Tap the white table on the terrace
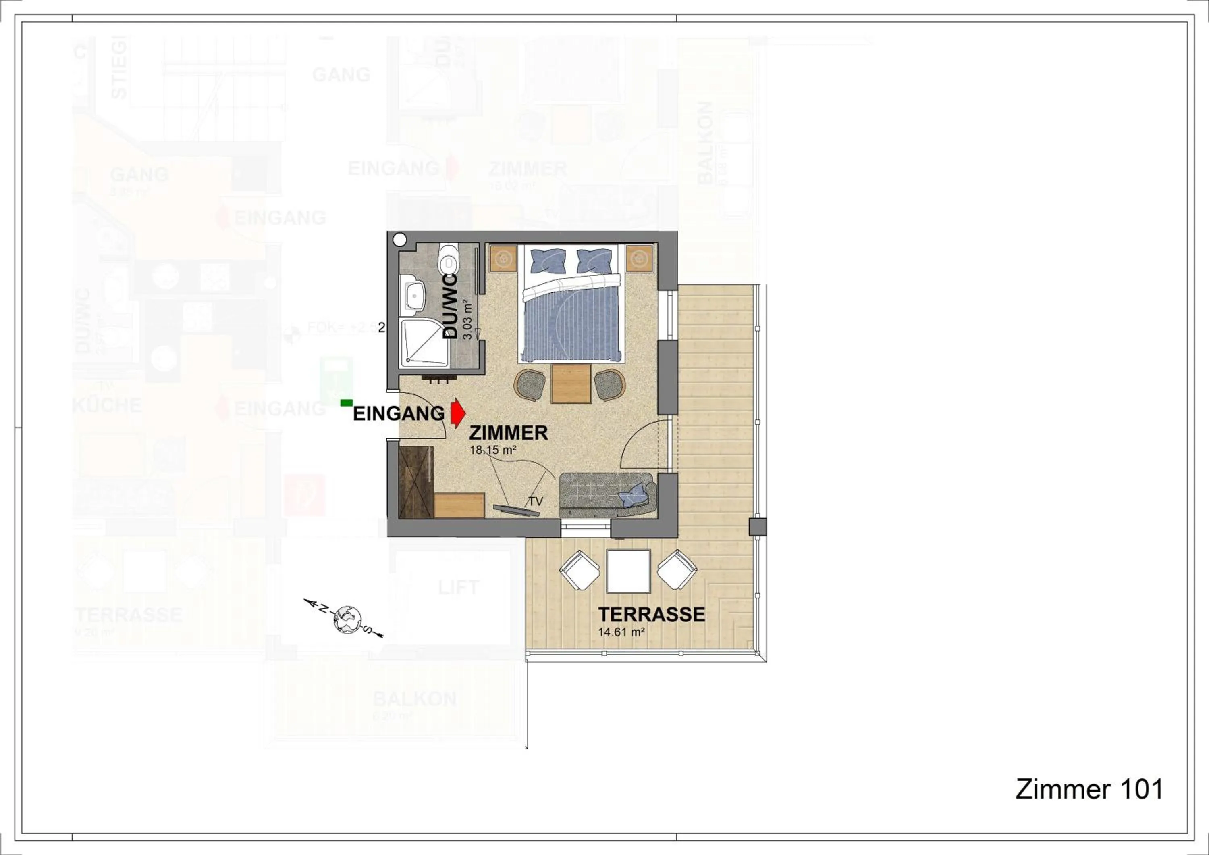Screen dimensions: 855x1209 coord(628,571)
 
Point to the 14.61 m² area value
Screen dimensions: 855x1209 coord(622,632)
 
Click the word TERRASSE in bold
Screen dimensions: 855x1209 coord(651,614)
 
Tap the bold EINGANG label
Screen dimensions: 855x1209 coord(399,413)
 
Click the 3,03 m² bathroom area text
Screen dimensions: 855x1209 coord(466,320)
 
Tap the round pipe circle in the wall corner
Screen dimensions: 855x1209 coord(400,239)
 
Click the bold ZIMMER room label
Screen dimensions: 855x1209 coord(508,433)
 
